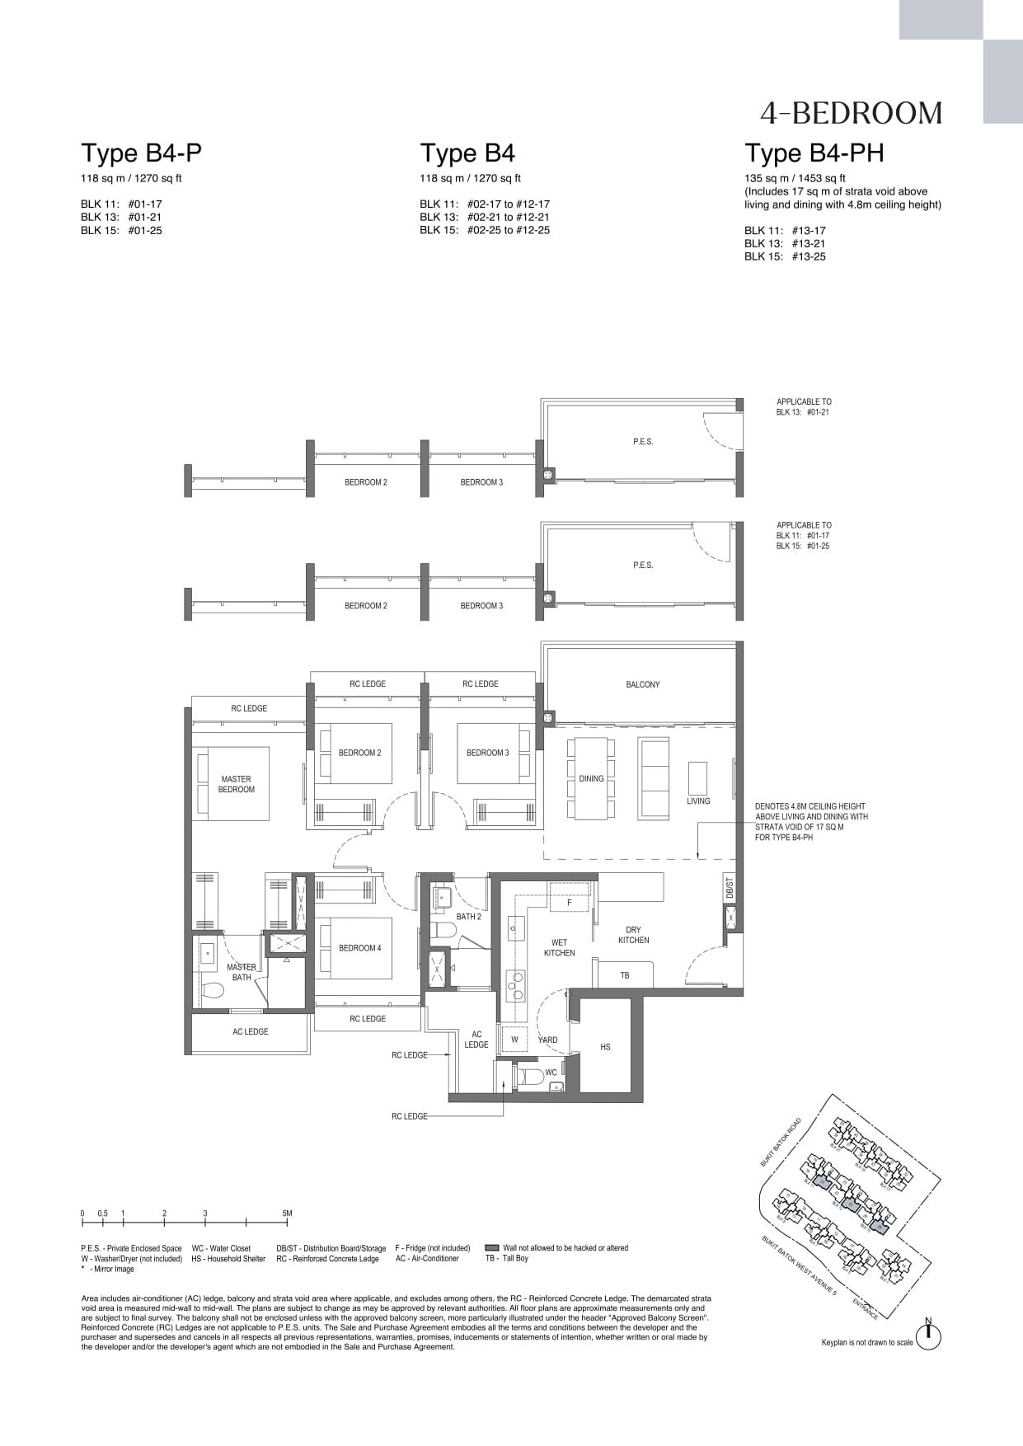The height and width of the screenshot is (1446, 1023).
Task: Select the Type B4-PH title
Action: click(814, 153)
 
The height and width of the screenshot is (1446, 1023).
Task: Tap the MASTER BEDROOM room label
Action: click(237, 784)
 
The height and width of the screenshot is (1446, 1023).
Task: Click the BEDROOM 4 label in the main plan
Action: click(359, 948)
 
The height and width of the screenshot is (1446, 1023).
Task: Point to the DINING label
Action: click(591, 778)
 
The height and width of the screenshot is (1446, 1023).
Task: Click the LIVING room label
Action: click(698, 800)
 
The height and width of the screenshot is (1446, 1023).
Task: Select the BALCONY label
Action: click(642, 684)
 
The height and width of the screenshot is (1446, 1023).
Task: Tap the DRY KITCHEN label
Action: click(633, 935)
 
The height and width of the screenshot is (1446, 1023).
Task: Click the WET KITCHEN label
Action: click(559, 947)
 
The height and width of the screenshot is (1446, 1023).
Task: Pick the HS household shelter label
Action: click(605, 1047)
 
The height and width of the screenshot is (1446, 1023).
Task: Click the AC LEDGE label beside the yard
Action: click(476, 1040)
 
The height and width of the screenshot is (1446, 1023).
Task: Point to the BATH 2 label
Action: click(468, 917)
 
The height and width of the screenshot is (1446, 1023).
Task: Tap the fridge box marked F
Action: click(569, 903)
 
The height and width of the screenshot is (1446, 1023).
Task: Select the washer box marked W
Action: click(514, 1040)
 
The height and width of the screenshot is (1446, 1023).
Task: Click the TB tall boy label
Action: click(625, 975)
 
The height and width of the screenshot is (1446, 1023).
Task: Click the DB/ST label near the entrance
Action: click(730, 888)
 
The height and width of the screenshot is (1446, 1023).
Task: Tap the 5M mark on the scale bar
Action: click(287, 1214)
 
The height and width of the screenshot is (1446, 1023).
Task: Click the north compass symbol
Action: click(928, 1336)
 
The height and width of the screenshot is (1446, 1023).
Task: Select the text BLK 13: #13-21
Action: click(784, 243)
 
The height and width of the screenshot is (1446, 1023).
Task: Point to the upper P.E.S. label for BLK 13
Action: click(643, 442)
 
